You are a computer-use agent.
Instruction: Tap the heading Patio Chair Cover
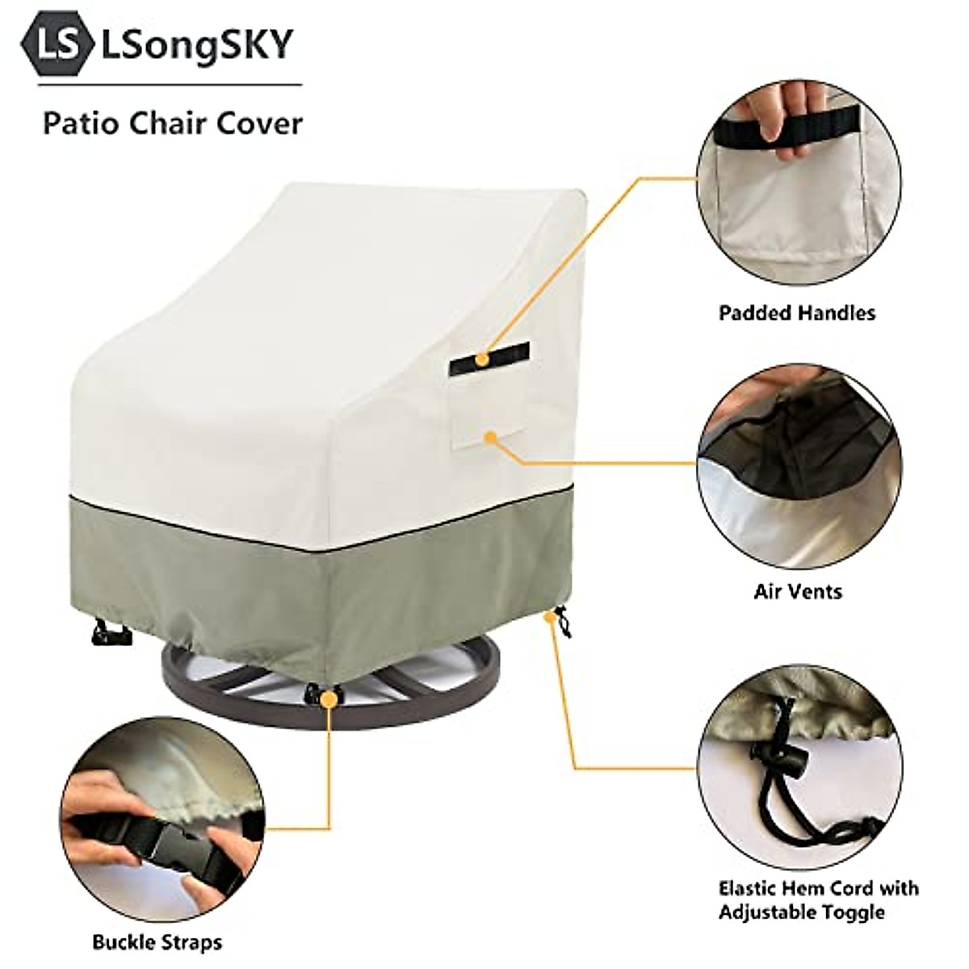tap(173, 124)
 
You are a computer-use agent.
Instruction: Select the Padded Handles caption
tap(796, 313)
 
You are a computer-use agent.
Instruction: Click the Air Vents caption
tap(798, 591)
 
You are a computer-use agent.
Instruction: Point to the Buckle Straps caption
tap(157, 942)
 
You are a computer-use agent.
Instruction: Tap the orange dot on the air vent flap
tap(490, 437)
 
